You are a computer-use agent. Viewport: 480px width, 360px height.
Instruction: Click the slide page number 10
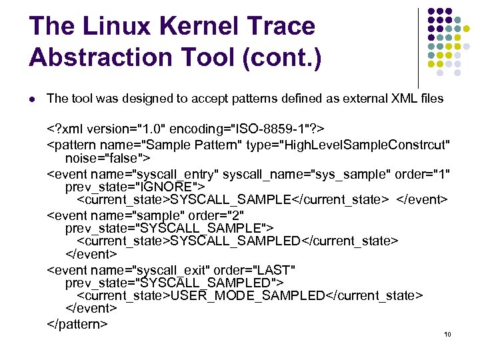[x=447, y=334]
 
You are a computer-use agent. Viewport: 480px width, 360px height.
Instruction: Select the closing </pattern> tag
[x=77, y=324]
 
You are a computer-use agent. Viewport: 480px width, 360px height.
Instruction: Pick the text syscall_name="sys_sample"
[x=307, y=173]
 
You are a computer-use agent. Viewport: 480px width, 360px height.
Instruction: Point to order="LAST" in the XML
[x=259, y=270]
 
